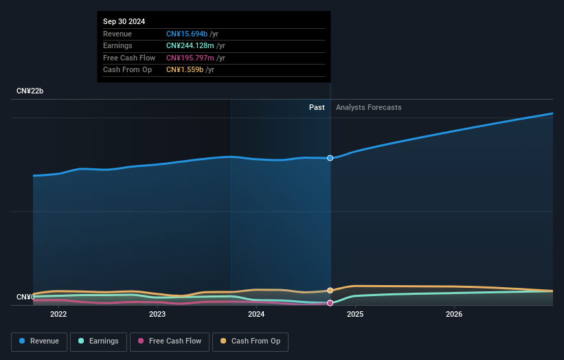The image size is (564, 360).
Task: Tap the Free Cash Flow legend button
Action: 169,341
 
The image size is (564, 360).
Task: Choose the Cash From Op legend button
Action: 250,341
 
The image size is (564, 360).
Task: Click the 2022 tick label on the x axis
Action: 58,315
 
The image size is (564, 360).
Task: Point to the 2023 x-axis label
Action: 157,315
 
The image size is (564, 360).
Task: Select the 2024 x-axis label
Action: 256,315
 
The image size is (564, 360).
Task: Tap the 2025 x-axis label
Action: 355,315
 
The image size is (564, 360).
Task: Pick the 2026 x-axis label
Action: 454,315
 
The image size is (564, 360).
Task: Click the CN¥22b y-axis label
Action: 30,91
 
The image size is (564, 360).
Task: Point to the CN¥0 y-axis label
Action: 25,297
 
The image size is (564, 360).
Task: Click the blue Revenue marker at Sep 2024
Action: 330,158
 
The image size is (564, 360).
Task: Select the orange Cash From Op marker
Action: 330,291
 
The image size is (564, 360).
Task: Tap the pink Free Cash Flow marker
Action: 330,303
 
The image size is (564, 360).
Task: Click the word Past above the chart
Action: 317,107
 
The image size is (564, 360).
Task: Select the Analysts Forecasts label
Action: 368,107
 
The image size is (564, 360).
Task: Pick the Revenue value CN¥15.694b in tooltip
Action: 187,34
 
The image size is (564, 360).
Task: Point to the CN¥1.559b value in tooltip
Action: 184,69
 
